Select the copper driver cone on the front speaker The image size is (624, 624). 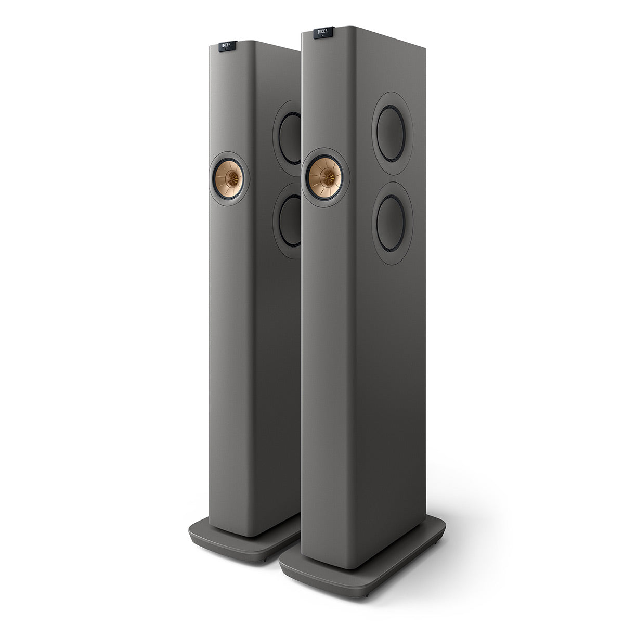[325, 177]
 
